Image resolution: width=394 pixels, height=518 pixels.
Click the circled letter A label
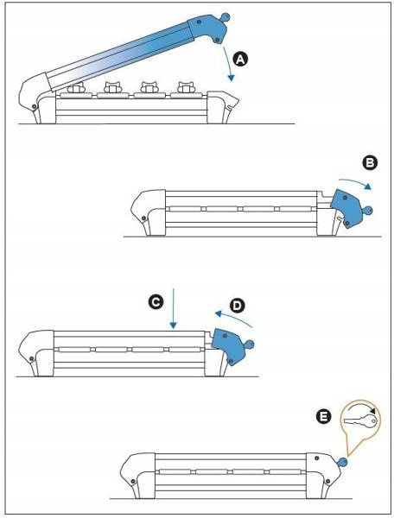pos(240,60)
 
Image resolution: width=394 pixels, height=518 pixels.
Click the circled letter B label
pos(370,163)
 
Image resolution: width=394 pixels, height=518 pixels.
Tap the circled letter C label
pos(156,302)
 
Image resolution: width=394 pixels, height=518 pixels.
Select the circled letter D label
pos(238,306)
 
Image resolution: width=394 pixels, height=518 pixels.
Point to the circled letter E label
pos(323,416)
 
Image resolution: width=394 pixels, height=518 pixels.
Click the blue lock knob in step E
pos(343,462)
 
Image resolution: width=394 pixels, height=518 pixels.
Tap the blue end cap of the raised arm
pos(208,28)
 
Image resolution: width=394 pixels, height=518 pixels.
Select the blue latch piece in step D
pos(228,346)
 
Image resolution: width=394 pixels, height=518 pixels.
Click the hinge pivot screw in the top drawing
pos(34,106)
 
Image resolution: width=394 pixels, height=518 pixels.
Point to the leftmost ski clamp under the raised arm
pos(76,88)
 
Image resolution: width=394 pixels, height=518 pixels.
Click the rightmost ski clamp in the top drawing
pos(186,87)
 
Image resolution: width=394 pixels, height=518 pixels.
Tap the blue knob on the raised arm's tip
pos(225,16)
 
